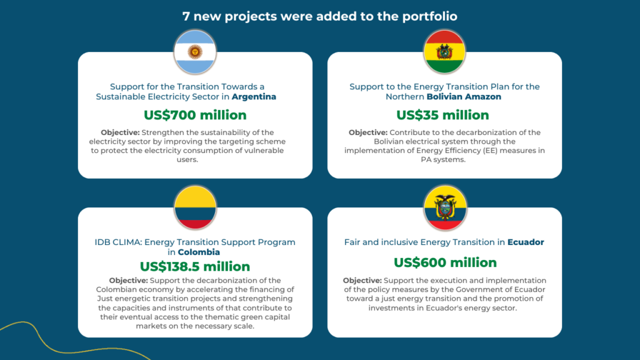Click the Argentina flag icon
195,52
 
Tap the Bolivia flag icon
444,52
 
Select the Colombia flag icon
195,207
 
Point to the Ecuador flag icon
445,207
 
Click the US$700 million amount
195,115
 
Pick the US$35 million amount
443,115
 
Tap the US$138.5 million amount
195,266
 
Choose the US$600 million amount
445,262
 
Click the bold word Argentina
254,97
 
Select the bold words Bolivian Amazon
464,97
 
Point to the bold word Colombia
199,252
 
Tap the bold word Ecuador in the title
526,242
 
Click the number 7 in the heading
186,16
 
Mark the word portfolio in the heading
430,17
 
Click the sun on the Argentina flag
195,52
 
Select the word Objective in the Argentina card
121,132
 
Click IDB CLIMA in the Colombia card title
117,242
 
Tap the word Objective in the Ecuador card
362,281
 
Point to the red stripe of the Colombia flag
195,224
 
